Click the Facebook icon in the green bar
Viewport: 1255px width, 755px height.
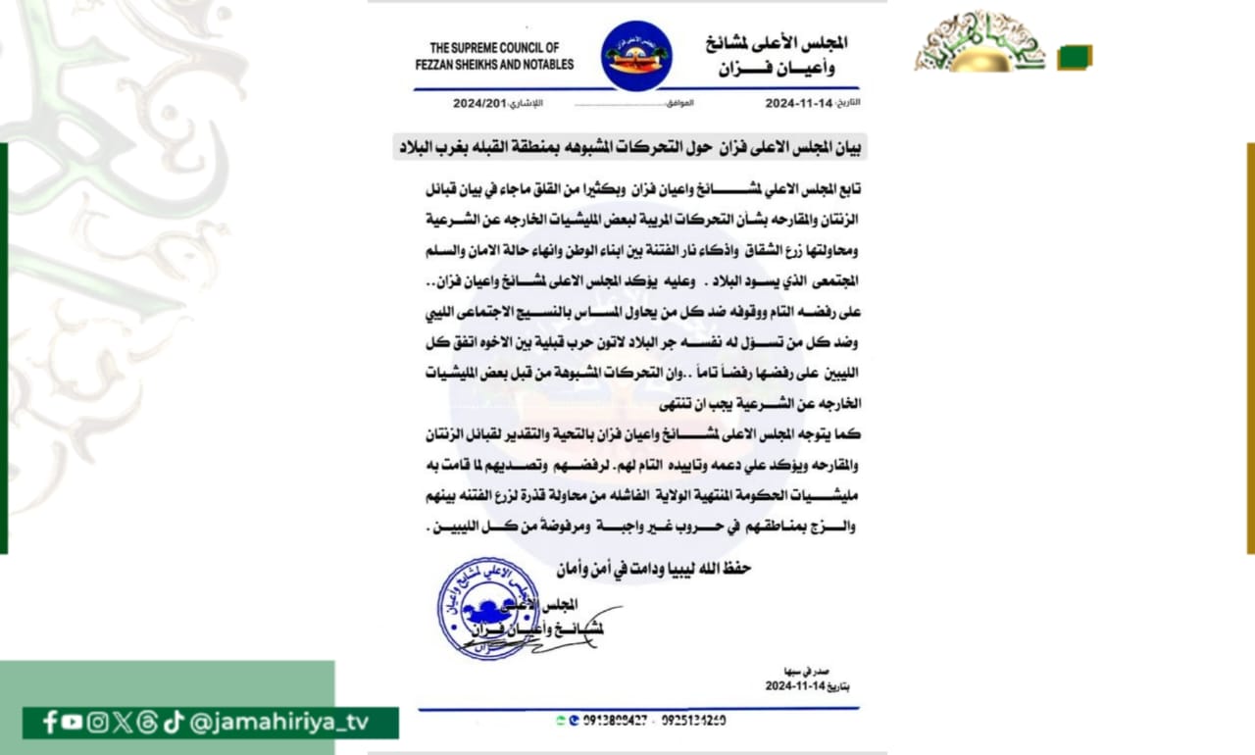point(50,723)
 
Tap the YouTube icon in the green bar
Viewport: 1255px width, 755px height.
point(73,723)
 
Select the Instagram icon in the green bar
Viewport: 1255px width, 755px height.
point(97,723)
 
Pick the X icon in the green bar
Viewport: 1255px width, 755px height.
point(122,723)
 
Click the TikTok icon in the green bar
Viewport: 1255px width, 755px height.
point(174,723)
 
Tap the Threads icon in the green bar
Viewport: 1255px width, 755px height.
point(147,723)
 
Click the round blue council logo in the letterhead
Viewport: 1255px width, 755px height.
point(636,56)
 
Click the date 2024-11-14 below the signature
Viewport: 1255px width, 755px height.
point(795,686)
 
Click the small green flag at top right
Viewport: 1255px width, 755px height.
point(1075,58)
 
